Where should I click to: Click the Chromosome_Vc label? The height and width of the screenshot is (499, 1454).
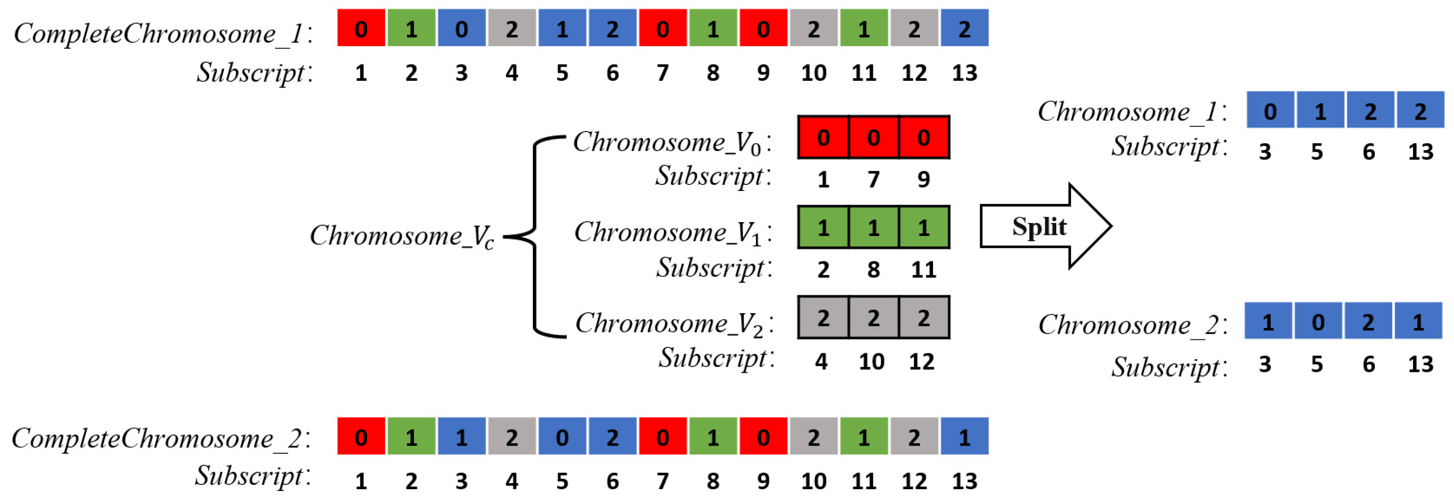point(401,236)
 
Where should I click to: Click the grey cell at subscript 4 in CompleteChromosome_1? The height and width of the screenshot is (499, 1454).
point(511,28)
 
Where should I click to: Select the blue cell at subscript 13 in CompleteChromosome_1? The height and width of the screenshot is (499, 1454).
point(964,28)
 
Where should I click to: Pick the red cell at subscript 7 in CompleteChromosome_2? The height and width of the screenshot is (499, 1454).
point(662,436)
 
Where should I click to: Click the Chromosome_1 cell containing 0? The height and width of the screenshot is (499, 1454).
point(1270,111)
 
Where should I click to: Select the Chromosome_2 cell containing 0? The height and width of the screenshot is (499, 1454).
point(1318,321)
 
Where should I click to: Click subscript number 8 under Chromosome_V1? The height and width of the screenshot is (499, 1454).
point(873,270)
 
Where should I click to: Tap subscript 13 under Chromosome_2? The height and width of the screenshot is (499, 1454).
point(1420,364)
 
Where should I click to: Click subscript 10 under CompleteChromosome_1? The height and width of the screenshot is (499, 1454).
point(813,73)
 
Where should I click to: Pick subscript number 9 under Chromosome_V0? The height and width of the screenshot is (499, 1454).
point(923,180)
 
